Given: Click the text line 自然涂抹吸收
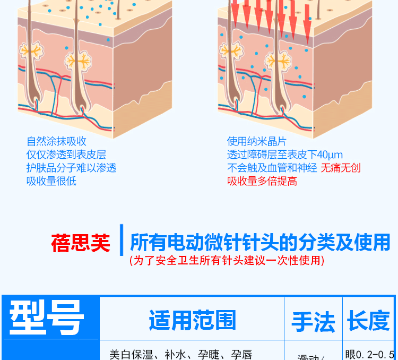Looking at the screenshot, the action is pos(56,141).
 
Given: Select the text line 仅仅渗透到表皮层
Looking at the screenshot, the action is pos(66,155).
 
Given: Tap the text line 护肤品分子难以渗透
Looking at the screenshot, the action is pos(71,168).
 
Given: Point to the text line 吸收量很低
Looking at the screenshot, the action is pos(51,181).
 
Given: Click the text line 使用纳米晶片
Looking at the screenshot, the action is pos(256,141).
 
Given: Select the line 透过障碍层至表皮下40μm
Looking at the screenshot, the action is pos(285,155).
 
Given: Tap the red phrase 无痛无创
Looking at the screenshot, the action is pos(340,168).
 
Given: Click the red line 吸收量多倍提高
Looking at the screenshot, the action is pos(262,181).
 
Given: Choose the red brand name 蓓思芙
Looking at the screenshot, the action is pos(81,243).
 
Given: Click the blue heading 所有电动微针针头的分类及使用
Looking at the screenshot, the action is pos(259,243).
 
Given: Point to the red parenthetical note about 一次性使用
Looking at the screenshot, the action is pos(227,261).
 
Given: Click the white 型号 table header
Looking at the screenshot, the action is pos(47,319).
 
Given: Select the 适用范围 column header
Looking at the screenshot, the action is pos(192,321).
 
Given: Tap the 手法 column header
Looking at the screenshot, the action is pos(313,322).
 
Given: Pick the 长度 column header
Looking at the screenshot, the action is pos(368,321).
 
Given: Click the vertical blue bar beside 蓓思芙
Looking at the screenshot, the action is pos(122,241).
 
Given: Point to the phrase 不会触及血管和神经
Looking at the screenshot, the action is pos(272,168).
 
